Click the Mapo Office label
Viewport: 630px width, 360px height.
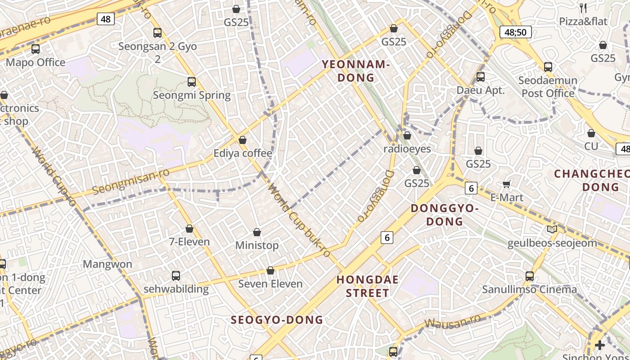click(x=36, y=63)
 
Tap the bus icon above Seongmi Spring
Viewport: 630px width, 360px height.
click(x=192, y=82)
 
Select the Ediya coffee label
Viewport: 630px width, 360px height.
click(x=243, y=153)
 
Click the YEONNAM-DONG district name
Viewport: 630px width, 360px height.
click(x=355, y=71)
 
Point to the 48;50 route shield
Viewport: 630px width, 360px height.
click(x=516, y=32)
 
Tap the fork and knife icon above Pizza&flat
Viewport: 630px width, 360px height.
click(x=583, y=8)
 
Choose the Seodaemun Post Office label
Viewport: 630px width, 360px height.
click(x=548, y=87)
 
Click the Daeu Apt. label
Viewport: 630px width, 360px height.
click(x=481, y=90)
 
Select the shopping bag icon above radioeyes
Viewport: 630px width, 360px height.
click(x=407, y=135)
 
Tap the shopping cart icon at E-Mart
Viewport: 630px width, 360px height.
click(x=507, y=184)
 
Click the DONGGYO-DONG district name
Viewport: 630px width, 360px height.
click(x=445, y=215)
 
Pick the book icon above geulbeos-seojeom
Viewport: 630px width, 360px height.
click(x=552, y=229)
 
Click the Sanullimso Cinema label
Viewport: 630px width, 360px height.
click(x=529, y=289)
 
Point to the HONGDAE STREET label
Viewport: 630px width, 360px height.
click(x=368, y=286)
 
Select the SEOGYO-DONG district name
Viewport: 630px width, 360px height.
click(x=277, y=320)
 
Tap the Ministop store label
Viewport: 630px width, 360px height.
click(x=257, y=246)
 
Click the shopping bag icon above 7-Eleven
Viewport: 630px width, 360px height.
click(x=189, y=229)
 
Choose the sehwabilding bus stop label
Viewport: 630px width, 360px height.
click(x=176, y=289)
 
